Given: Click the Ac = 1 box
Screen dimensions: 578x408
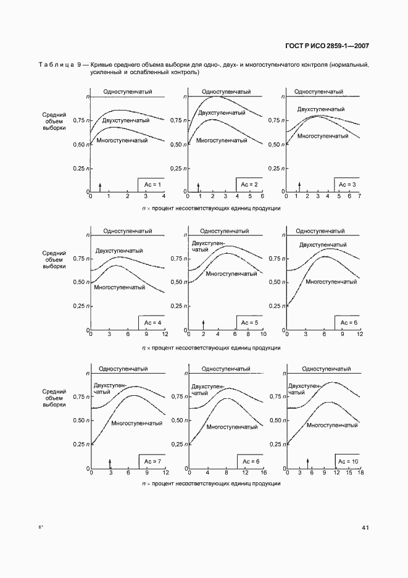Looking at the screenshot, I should pos(151,185).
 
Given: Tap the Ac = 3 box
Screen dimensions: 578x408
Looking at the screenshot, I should pos(348,185).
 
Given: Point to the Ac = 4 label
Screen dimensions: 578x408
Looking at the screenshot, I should pos(152,323).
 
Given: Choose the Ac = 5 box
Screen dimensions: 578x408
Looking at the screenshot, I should pos(249,323).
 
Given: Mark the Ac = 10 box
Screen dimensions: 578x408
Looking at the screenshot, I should pos(348,461).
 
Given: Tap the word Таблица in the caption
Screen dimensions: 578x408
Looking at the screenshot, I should pos(56,65).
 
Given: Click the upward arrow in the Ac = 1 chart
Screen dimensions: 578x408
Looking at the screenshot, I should pos(100,186).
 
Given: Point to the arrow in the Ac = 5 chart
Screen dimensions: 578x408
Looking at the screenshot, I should pos(204,324).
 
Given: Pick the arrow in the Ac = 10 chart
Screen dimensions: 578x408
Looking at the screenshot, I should pos(307,463).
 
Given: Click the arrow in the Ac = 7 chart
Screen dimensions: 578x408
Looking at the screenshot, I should pos(110,463).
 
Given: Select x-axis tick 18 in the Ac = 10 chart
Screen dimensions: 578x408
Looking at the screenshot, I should pos(360,472).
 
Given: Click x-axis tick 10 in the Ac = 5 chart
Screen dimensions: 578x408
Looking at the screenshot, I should pos(263,334).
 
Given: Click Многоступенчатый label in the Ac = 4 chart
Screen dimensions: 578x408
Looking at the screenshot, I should pos(120,287).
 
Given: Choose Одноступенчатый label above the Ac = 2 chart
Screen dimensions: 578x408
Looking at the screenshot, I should pos(220,91).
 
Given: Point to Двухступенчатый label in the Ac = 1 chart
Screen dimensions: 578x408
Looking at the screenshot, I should pos(126,120).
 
